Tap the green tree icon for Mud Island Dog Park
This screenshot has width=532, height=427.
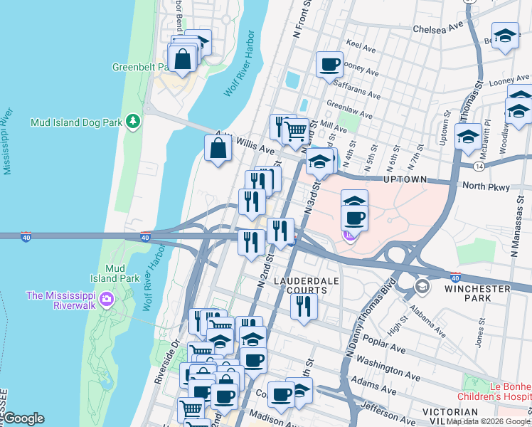tap(132, 122)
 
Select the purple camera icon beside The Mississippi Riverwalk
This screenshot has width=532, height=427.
tap(107, 297)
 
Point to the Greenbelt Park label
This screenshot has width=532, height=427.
tap(140, 68)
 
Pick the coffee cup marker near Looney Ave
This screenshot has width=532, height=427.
tap(329, 65)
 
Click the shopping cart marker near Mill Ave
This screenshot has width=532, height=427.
tap(295, 131)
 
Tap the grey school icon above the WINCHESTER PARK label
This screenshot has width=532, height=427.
tap(422, 286)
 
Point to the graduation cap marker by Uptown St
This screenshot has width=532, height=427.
tap(468, 137)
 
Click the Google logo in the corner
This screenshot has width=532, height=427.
tap(23, 418)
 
